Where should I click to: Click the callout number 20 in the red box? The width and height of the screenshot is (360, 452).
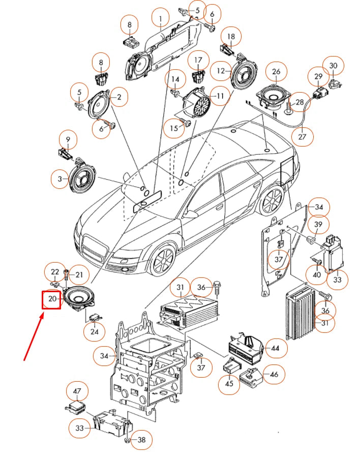tap(52, 299)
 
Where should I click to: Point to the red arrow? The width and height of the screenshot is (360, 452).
tap(34, 336)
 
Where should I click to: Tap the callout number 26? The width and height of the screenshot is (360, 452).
tap(276, 71)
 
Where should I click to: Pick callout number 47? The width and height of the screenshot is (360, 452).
tap(77, 391)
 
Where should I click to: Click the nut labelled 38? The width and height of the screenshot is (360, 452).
tap(127, 440)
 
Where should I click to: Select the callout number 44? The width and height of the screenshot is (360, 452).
tap(275, 348)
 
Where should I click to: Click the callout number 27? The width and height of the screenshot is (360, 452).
tap(302, 136)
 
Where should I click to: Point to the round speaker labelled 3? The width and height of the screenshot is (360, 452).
tap(82, 179)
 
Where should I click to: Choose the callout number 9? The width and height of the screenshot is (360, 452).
tap(68, 139)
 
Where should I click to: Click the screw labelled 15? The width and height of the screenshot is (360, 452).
tap(186, 122)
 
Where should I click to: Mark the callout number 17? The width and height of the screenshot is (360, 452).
tap(198, 60)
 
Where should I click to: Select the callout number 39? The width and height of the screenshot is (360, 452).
tap(318, 224)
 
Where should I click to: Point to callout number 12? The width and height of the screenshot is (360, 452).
tap(221, 71)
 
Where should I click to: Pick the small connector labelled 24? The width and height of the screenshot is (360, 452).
tap(96, 318)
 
